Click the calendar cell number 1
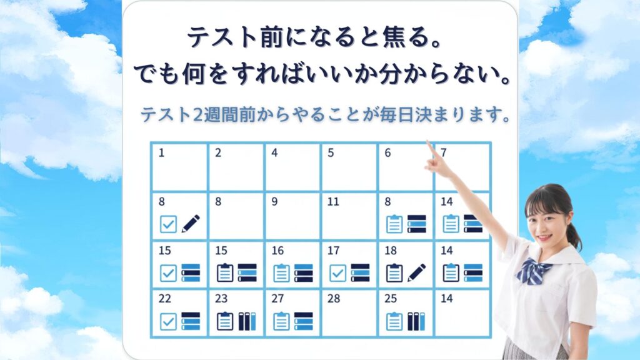click(x=162, y=153)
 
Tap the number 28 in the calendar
click(x=334, y=299)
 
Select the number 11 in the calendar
click(x=333, y=202)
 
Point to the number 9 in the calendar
click(x=275, y=202)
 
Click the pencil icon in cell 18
click(x=417, y=272)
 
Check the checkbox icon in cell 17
click(x=337, y=273)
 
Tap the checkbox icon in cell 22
click(x=168, y=321)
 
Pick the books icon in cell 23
click(x=247, y=321)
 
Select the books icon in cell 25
click(x=416, y=321)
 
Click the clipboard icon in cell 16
click(x=281, y=273)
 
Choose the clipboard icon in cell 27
click(x=281, y=321)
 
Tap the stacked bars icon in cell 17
click(x=360, y=273)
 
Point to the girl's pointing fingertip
click(x=428, y=141)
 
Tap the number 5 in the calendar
click(x=331, y=153)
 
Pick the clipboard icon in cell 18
click(x=394, y=273)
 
